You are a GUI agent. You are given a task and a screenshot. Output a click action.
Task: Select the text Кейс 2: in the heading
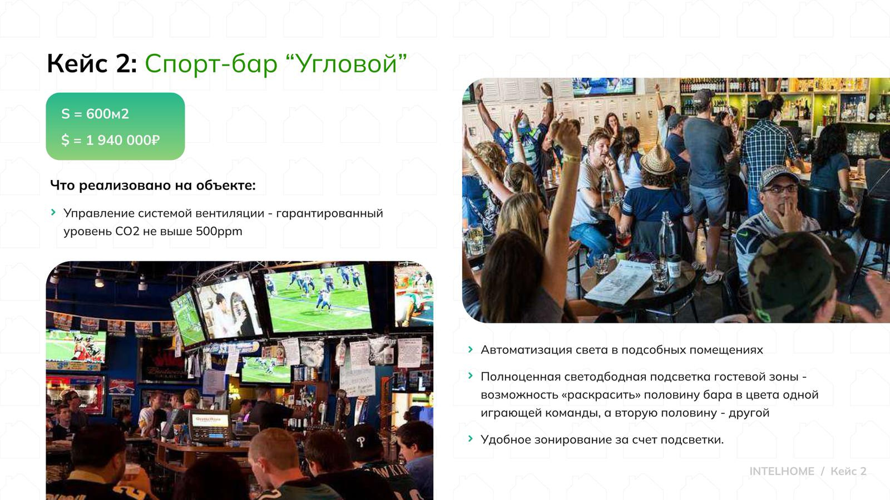click(x=92, y=63)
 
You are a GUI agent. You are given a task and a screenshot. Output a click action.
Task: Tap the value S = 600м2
click(x=95, y=114)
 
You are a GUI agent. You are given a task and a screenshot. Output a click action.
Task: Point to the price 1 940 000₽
click(x=122, y=140)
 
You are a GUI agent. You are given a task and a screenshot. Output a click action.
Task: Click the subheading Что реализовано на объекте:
click(x=153, y=185)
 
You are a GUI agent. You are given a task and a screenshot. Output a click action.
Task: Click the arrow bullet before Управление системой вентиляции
click(x=53, y=212)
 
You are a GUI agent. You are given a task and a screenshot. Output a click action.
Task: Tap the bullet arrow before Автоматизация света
click(x=471, y=349)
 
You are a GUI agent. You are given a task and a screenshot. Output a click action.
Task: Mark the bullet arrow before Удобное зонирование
click(x=471, y=439)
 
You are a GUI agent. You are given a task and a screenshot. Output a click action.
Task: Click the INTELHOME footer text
click(x=782, y=471)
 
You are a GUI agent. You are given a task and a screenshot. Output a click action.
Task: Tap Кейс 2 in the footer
click(x=848, y=471)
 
